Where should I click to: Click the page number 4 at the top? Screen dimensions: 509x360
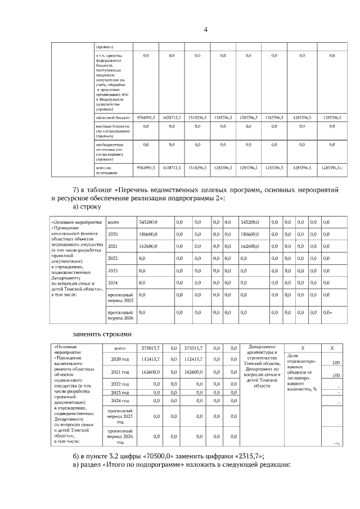(205, 30)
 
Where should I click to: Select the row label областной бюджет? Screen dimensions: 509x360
(113, 118)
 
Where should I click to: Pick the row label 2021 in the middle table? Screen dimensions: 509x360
(112, 246)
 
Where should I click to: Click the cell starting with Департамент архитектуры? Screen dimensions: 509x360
(262, 366)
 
